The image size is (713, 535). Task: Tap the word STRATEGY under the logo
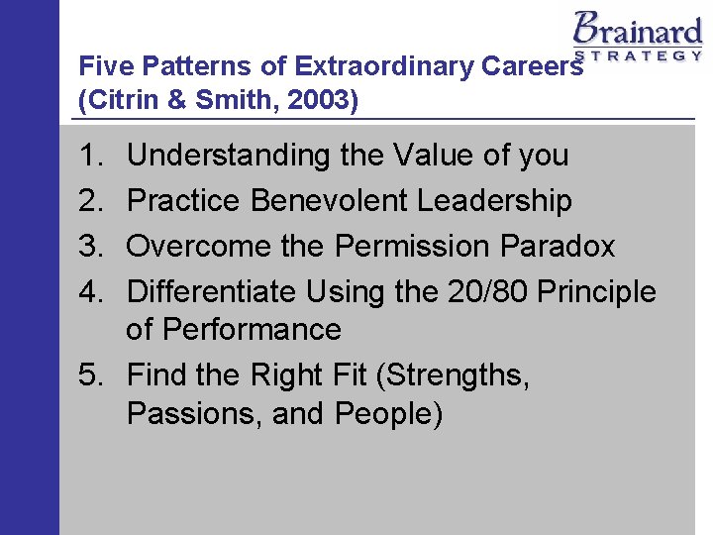[639, 55]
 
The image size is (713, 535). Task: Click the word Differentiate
[212, 291]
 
